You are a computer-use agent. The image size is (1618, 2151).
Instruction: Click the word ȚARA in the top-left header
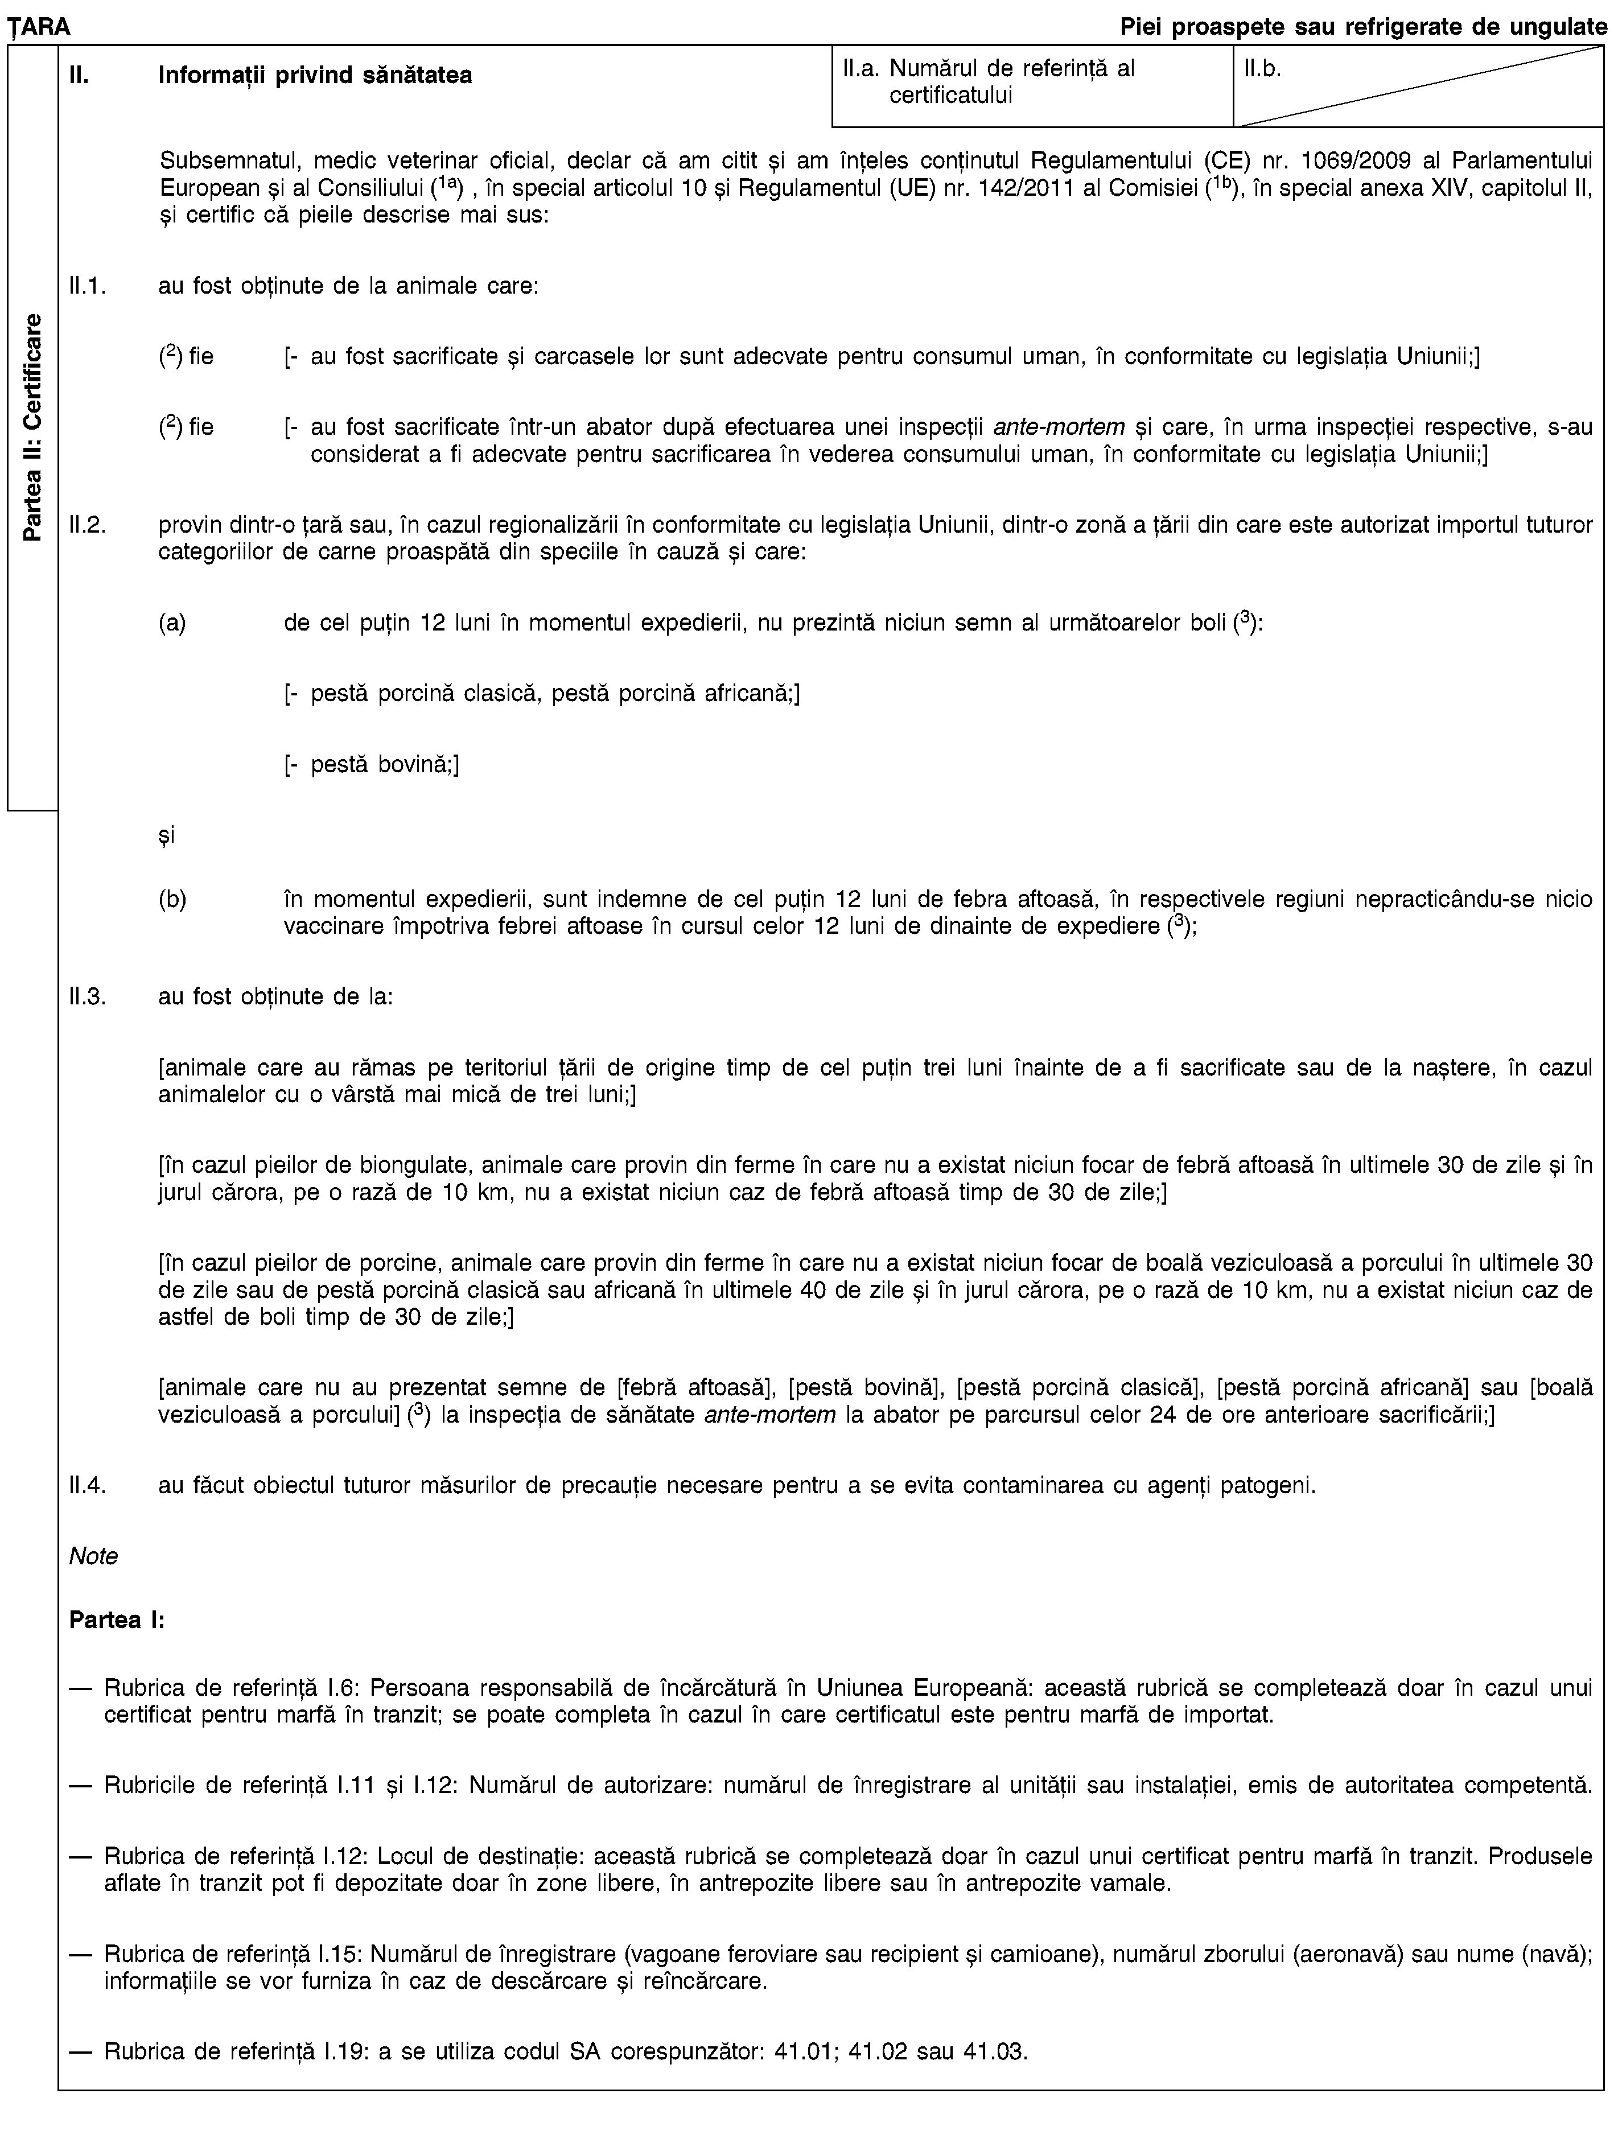coord(36,28)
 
